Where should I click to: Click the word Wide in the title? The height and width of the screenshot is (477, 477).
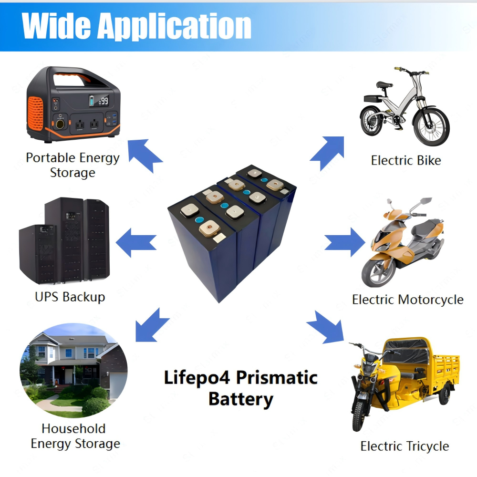(x=56, y=26)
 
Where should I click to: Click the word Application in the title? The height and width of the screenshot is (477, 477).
(x=174, y=27)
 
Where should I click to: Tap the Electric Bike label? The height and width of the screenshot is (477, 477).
(x=406, y=160)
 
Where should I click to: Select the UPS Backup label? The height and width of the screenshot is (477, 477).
(x=70, y=297)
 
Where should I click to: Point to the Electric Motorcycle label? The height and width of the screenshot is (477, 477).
(x=408, y=300)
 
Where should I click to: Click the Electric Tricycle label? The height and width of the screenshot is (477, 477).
(x=404, y=446)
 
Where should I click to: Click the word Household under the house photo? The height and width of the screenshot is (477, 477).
(x=73, y=429)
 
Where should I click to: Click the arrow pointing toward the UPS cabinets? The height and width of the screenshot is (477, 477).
(x=136, y=243)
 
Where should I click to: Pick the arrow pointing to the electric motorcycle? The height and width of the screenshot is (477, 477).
(x=345, y=242)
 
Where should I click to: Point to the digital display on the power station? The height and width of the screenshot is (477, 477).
(x=99, y=100)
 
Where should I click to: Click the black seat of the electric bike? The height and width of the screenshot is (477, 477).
(x=384, y=84)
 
